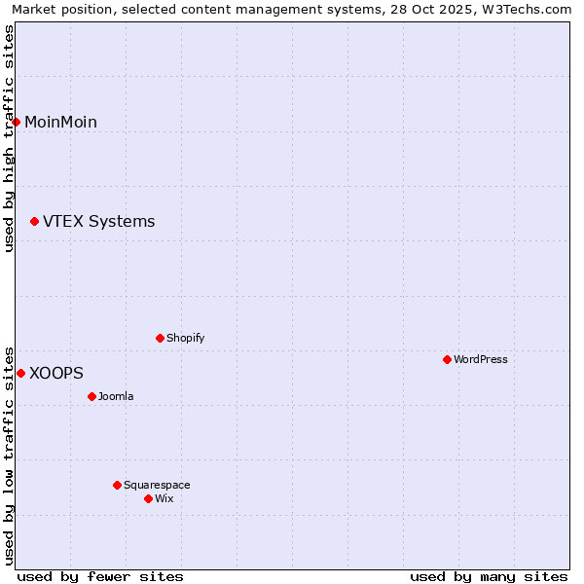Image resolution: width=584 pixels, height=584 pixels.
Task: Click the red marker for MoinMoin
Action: pyautogui.click(x=17, y=122)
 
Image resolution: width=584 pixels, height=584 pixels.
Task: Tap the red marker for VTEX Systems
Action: pyautogui.click(x=35, y=222)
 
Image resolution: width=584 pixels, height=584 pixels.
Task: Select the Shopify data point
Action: pyautogui.click(x=161, y=338)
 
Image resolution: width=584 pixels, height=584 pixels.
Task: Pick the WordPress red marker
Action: pyautogui.click(x=448, y=359)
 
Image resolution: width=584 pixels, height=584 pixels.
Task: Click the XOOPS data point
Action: pyautogui.click(x=20, y=373)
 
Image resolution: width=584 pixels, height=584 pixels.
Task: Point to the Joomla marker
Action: pyautogui.click(x=92, y=396)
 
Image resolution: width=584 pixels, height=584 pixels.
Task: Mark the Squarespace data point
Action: pyautogui.click(x=118, y=485)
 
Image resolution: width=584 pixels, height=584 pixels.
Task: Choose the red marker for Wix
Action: pyautogui.click(x=149, y=498)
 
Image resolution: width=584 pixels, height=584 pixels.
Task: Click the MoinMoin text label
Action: pyautogui.click(x=60, y=122)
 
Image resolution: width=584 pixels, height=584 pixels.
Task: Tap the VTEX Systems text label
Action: pyautogui.click(x=98, y=222)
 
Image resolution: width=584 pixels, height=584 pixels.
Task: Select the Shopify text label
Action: pyautogui.click(x=185, y=338)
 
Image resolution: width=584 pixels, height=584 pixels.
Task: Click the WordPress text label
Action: pyautogui.click(x=481, y=359)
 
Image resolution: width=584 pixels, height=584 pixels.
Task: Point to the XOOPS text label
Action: pyautogui.click(x=56, y=373)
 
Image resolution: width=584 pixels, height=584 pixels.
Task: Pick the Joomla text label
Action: pyautogui.click(x=116, y=396)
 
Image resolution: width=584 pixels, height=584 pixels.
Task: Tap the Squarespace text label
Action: pyautogui.click(x=157, y=485)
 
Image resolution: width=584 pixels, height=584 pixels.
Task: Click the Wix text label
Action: pyautogui.click(x=164, y=498)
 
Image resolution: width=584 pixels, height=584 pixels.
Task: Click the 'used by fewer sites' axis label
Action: pyautogui.click(x=100, y=576)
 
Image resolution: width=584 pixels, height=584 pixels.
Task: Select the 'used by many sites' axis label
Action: pyautogui.click(x=489, y=576)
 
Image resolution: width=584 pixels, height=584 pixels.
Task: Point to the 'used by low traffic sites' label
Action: pyautogui.click(x=9, y=455)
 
